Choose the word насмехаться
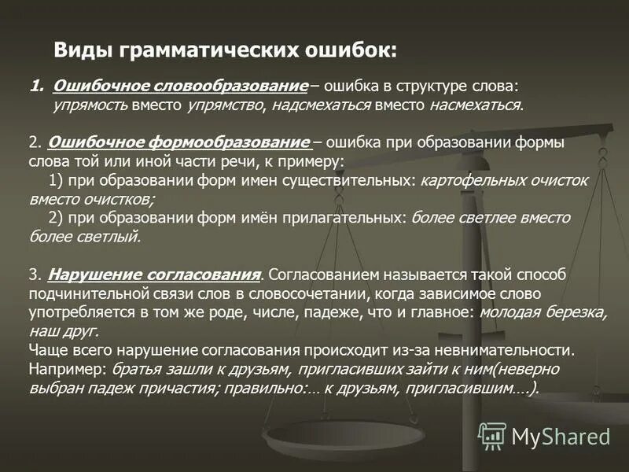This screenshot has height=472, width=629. [x=475, y=104]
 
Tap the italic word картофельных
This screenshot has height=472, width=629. [x=467, y=180]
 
